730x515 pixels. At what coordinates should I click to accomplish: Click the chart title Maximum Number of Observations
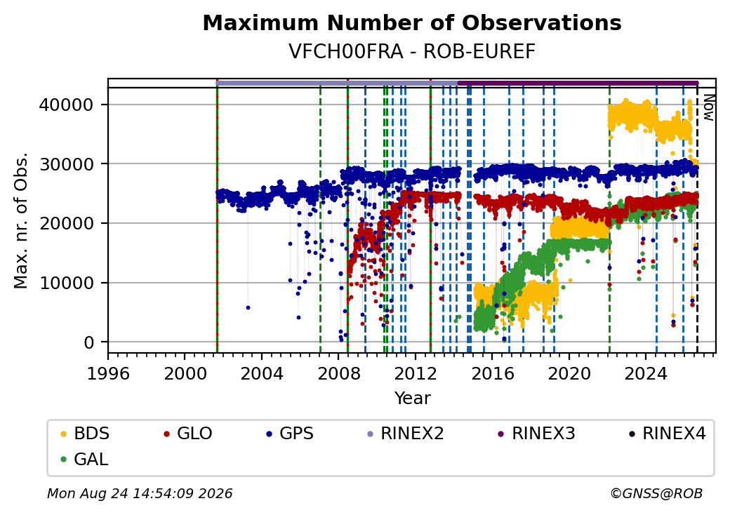pos(412,22)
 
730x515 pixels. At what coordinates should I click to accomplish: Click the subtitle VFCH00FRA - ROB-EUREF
pos(412,51)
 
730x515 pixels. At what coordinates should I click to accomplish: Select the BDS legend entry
pos(85,434)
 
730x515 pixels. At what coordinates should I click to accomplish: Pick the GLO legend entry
pos(187,434)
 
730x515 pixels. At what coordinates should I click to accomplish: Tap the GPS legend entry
pos(290,434)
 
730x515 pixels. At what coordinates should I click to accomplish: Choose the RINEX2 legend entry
pos(405,434)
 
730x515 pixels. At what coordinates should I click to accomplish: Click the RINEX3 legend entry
pos(536,434)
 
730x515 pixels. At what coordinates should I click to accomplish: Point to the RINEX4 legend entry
pos(667,434)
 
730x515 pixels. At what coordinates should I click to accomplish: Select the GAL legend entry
pos(84,459)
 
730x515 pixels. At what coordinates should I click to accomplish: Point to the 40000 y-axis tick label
pos(66,105)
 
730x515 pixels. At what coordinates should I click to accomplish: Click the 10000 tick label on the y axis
pos(66,283)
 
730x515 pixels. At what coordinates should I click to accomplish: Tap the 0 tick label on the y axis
pos(89,343)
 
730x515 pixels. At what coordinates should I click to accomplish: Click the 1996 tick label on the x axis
pos(109,373)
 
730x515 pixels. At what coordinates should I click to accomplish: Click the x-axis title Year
pos(413,399)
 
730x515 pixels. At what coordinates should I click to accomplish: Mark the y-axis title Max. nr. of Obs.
pos(21,220)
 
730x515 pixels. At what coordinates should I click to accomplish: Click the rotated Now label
pos(708,108)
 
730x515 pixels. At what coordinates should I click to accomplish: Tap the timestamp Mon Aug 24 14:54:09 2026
pos(140,493)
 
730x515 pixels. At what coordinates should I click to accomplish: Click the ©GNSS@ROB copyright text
pos(656,493)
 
